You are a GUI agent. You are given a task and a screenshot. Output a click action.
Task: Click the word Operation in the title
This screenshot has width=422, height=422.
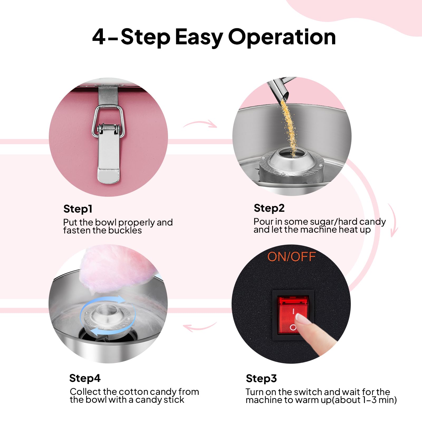click(x=282, y=37)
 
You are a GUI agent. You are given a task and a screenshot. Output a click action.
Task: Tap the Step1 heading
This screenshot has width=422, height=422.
click(x=78, y=209)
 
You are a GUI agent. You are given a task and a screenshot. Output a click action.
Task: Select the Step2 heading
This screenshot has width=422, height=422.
click(x=269, y=208)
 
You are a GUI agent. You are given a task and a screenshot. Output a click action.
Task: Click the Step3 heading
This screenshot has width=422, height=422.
click(x=261, y=378)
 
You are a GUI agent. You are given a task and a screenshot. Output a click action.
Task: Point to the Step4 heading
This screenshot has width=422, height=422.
click(x=85, y=378)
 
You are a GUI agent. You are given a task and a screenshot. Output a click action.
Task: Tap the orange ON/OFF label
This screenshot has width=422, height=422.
click(x=291, y=257)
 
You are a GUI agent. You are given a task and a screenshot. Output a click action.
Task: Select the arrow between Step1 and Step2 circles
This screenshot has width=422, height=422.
click(x=200, y=124)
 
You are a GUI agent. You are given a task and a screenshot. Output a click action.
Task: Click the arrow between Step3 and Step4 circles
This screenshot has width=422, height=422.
click(x=200, y=327)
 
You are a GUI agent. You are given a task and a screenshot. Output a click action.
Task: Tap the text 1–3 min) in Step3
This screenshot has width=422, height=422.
click(x=379, y=400)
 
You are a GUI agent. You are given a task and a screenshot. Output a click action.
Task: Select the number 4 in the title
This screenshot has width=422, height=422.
click(x=99, y=37)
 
